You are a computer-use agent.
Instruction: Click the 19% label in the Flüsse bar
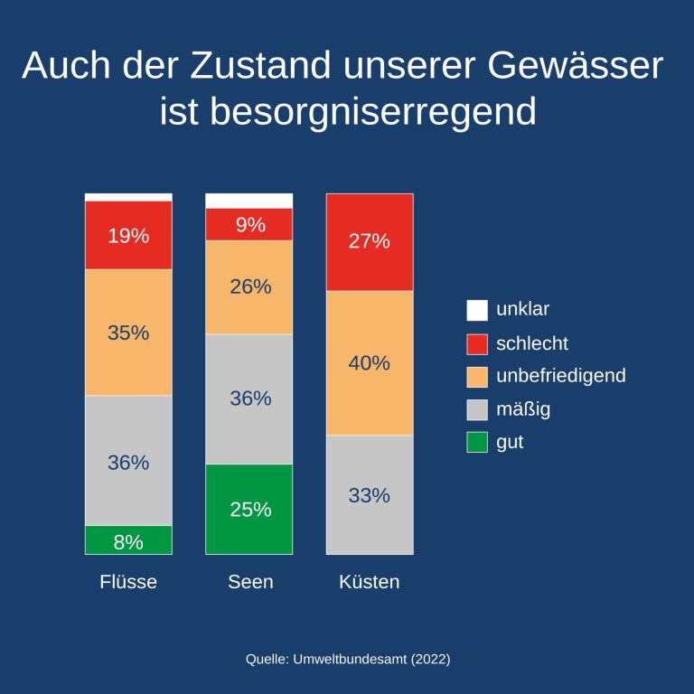point(128,237)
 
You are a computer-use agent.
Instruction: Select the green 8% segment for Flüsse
point(128,540)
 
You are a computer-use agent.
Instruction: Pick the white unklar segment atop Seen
point(249,201)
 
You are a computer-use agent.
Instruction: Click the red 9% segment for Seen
point(249,225)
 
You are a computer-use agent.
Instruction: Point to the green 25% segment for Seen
point(249,509)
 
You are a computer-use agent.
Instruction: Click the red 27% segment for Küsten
point(370,242)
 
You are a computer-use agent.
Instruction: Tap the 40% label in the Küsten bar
point(370,363)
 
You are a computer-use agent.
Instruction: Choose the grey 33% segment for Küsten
point(370,495)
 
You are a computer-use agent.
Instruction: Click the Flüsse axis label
point(128,582)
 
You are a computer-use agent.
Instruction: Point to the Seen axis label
point(250,582)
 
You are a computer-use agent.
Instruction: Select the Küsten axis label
point(370,582)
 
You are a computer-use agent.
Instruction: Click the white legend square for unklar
point(477,310)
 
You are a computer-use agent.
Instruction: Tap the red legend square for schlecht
point(477,343)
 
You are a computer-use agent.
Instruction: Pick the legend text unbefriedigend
point(560,376)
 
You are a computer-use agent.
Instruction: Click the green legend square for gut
point(477,443)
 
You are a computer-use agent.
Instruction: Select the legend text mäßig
point(523,409)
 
